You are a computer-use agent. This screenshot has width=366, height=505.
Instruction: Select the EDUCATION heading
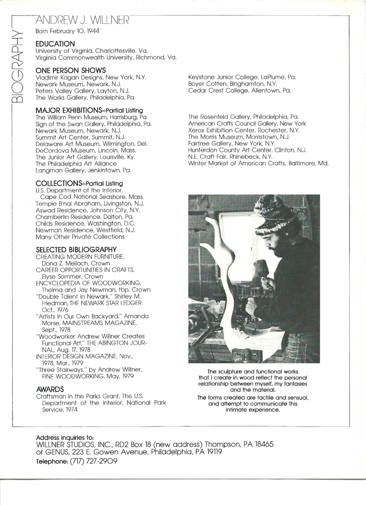(55, 44)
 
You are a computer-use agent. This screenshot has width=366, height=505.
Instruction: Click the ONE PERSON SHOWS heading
(71, 70)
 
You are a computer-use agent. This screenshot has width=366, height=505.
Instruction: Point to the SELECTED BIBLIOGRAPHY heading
(76, 249)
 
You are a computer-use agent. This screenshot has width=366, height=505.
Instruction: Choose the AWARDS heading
(50, 389)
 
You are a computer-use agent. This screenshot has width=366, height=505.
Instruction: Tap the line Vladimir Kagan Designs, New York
(91, 77)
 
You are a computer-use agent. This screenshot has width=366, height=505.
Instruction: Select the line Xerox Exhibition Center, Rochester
(244, 130)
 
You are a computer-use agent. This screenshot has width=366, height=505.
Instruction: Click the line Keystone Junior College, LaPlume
(242, 77)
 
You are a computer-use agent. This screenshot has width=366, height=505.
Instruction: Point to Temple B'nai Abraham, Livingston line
(90, 203)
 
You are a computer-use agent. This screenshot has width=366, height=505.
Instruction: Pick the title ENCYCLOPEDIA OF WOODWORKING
(88, 283)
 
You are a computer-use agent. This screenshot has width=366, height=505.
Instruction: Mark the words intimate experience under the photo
(252, 410)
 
